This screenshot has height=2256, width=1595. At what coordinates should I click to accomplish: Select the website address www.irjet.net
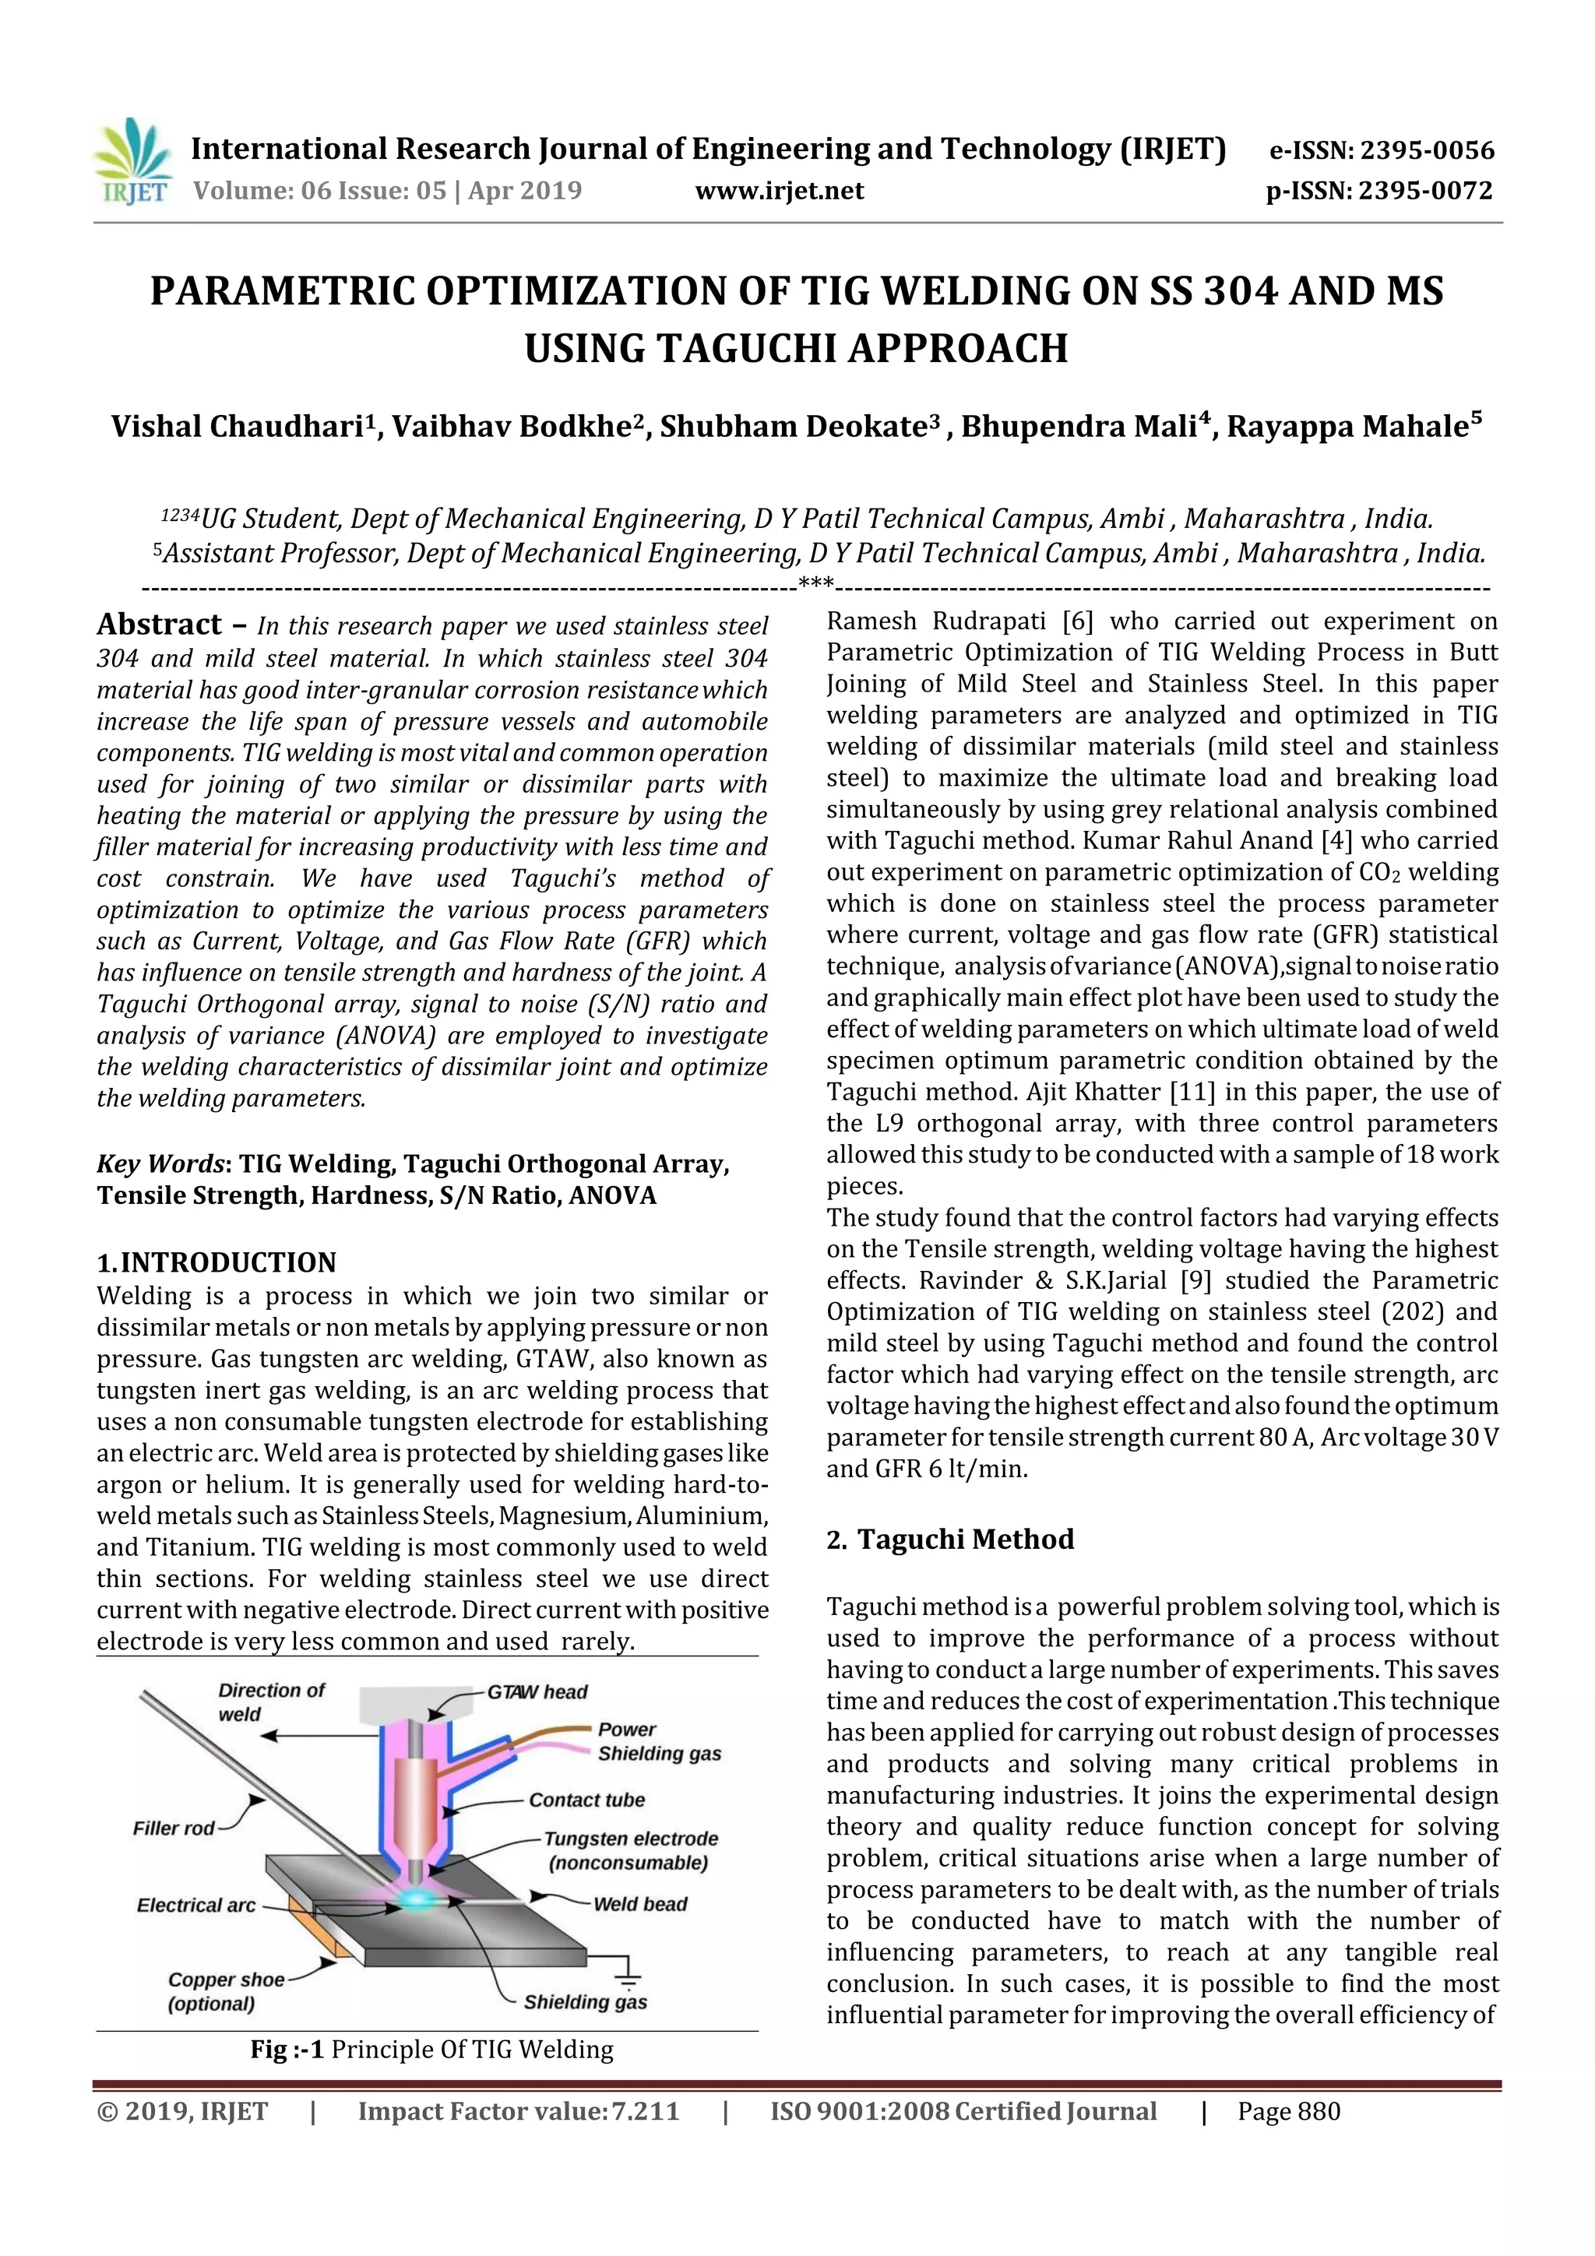click(x=780, y=191)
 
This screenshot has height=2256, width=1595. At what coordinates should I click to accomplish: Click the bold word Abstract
click(x=159, y=625)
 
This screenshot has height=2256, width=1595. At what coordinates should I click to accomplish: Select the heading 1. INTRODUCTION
click(x=217, y=1262)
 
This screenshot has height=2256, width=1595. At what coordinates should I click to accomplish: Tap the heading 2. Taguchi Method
click(x=950, y=1539)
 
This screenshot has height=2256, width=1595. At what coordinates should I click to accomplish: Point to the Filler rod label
click(x=173, y=1828)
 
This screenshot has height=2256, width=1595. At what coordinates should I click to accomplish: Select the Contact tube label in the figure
click(x=586, y=1800)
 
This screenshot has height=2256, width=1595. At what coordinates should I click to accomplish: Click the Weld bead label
click(x=639, y=1903)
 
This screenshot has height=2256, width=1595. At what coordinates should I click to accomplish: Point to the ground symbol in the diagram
click(x=627, y=1978)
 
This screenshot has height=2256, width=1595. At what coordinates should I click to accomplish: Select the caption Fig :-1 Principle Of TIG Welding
click(x=431, y=2050)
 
